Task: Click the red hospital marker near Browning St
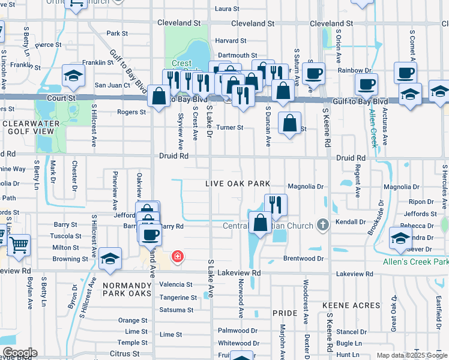click(177, 257)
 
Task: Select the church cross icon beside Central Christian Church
click(323, 225)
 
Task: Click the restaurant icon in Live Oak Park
click(276, 204)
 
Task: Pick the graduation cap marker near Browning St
click(110, 258)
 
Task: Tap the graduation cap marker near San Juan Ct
click(73, 76)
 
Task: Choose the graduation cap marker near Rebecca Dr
click(400, 238)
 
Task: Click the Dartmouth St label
click(238, 55)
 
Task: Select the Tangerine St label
click(178, 298)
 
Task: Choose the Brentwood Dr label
click(304, 259)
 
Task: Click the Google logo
click(19, 353)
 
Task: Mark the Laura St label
click(227, 9)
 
